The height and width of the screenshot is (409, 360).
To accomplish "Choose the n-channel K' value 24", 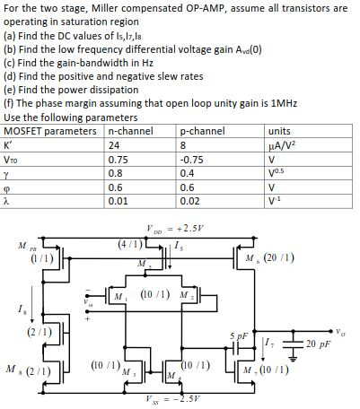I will click(113, 144).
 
